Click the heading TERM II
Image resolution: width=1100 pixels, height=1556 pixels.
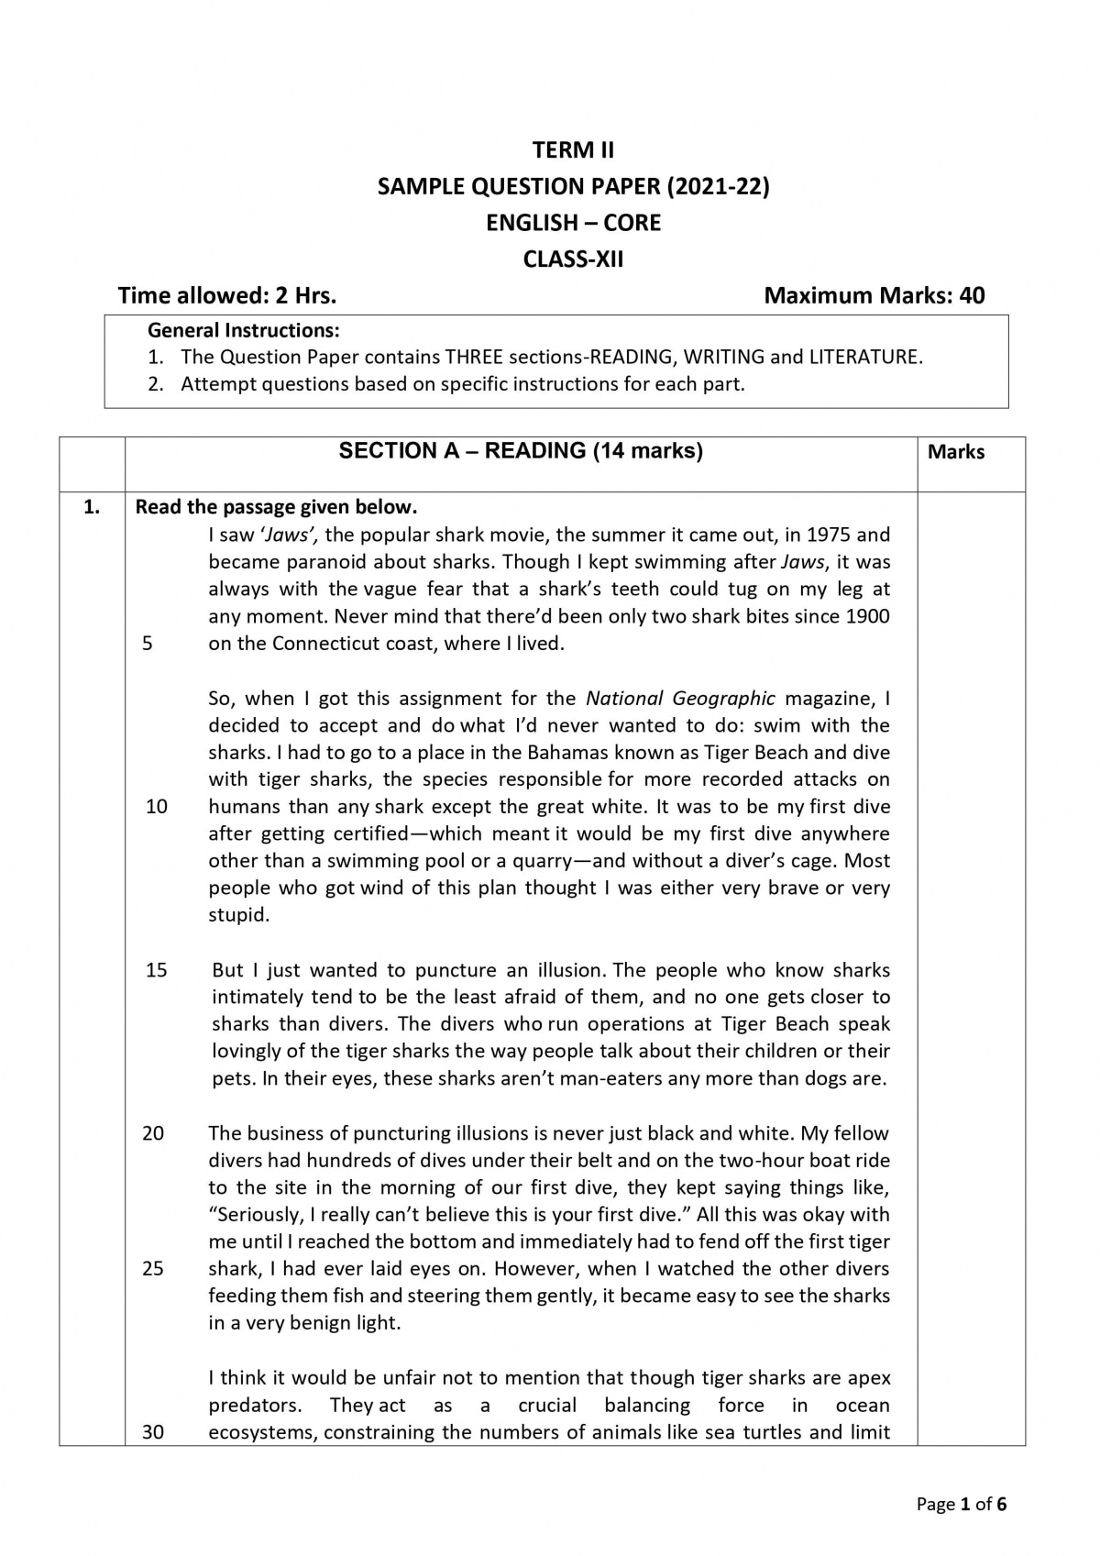click(x=574, y=150)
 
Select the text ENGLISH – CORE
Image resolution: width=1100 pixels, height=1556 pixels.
click(x=574, y=223)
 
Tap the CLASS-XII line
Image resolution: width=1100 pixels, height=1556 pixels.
click(x=573, y=259)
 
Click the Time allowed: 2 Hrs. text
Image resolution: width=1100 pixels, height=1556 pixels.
click(x=227, y=295)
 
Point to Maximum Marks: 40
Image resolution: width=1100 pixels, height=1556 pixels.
click(x=874, y=295)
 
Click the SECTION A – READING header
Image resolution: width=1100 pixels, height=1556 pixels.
click(x=521, y=451)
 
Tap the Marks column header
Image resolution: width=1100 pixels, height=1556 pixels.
click(x=956, y=452)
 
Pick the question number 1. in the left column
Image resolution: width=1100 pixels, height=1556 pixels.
click(x=92, y=507)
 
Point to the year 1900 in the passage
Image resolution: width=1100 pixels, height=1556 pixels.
click(x=867, y=616)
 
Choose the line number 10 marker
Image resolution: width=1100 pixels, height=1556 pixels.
click(x=157, y=807)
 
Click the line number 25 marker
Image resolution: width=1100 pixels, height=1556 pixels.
click(x=153, y=1269)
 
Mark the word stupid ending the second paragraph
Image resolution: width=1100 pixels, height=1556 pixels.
click(x=236, y=915)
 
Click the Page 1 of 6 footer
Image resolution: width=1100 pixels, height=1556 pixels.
click(x=962, y=1504)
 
